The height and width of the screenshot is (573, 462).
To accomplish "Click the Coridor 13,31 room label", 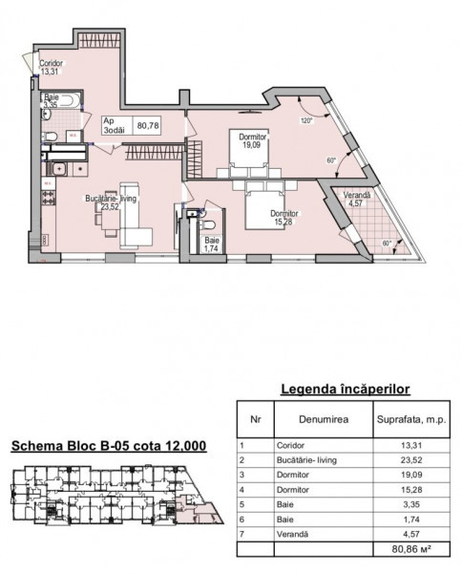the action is (x=52, y=67).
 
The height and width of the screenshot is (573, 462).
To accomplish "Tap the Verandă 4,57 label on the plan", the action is (x=357, y=200).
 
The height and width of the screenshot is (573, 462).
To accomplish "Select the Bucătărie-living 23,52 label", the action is (x=111, y=202).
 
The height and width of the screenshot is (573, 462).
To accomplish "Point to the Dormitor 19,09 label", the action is (x=252, y=140).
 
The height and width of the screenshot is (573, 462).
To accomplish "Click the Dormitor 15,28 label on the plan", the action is (x=283, y=218).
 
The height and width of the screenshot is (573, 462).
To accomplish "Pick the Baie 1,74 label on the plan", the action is (x=212, y=244).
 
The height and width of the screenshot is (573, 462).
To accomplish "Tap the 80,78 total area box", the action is (x=148, y=125).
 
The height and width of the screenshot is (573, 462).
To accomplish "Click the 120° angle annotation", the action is (x=307, y=121).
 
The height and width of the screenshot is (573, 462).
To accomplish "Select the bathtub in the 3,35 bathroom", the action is (x=62, y=100).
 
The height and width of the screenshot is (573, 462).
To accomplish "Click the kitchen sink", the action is (x=57, y=169).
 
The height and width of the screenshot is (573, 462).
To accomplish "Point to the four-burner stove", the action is (x=49, y=198).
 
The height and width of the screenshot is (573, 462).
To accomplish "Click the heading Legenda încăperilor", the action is (x=346, y=390).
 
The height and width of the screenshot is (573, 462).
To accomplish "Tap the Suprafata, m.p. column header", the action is (x=411, y=419).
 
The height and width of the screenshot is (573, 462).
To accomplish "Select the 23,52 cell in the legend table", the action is (x=411, y=460).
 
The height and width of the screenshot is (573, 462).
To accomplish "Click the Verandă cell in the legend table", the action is (x=292, y=534).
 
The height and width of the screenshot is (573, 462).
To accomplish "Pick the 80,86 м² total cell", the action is (x=411, y=549).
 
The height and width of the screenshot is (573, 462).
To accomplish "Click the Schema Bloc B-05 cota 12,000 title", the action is (x=109, y=446).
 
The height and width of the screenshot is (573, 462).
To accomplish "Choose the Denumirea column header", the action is (x=324, y=419).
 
